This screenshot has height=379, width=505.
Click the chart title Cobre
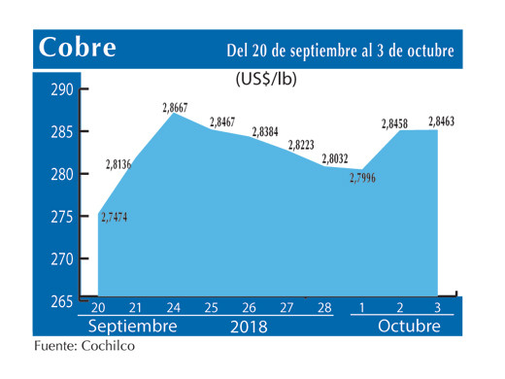[77, 48]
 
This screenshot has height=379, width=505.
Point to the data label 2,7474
[113, 216]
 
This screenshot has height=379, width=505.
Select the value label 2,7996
[361, 177]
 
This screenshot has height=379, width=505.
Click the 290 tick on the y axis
[62, 90]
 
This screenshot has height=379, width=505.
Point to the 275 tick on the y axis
[62, 217]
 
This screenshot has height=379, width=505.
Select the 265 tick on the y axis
[62, 301]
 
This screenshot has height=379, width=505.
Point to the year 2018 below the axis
[250, 326]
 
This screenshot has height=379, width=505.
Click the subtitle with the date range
[339, 49]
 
